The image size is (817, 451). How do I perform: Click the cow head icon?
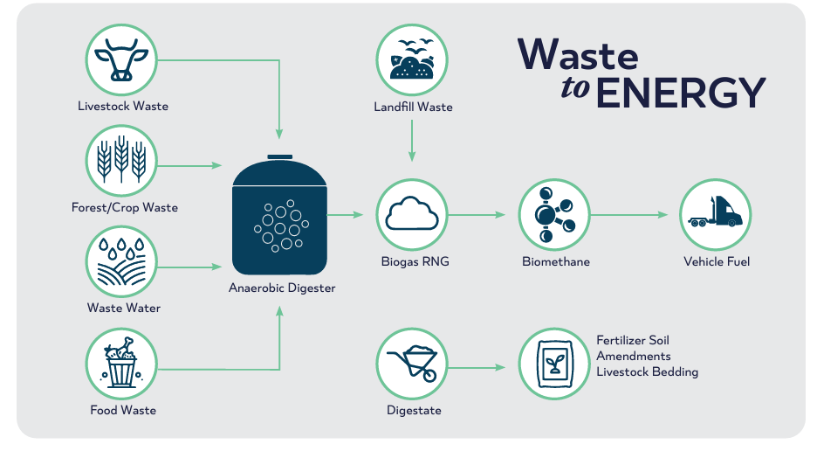120,59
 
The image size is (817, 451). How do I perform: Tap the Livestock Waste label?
123,106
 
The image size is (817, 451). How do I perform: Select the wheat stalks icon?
120,160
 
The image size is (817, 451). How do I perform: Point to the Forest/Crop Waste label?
125,207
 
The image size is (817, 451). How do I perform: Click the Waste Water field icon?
120,261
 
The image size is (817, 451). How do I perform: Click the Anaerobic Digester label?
282,288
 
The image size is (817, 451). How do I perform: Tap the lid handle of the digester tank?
280,156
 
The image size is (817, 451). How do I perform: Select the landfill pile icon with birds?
412,59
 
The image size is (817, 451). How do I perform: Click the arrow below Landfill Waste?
412,141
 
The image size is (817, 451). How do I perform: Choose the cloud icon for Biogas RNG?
412,214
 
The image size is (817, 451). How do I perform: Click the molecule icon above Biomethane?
554,214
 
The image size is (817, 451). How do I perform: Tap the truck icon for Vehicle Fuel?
715,214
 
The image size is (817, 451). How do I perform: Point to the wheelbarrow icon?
412,364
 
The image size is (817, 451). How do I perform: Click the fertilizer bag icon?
554,364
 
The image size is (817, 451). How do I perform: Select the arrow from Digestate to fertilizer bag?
477,367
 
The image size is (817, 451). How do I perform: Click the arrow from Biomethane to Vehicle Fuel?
629,214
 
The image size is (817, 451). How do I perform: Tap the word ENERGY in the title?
681,94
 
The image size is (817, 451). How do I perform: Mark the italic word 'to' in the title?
575,88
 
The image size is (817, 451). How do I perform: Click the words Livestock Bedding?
647,371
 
